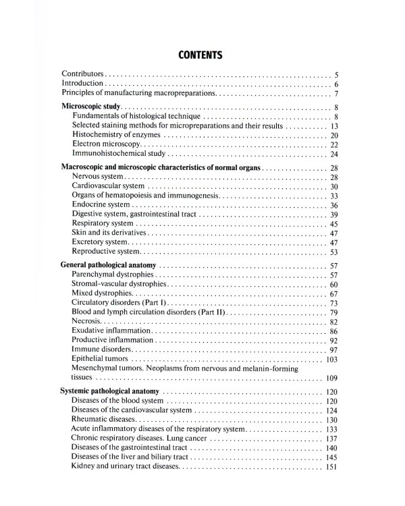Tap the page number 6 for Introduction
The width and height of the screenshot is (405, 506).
[x=335, y=84]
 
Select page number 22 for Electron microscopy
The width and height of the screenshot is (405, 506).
[x=333, y=145]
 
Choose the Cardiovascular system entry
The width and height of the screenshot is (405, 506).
[x=107, y=186]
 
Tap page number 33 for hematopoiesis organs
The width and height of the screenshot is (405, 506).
[x=333, y=196]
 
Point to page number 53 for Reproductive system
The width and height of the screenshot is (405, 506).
[x=333, y=252]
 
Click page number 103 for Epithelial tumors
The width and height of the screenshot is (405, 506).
[x=331, y=360]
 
